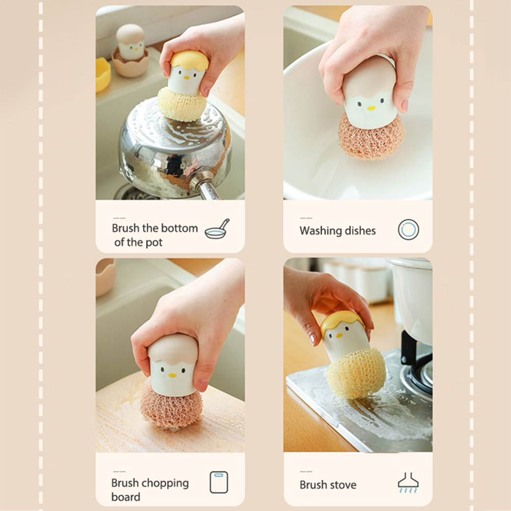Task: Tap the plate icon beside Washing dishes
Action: [x=408, y=230]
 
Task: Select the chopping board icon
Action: [x=219, y=482]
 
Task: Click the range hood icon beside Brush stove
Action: [x=408, y=482]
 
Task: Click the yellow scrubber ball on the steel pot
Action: [x=182, y=104]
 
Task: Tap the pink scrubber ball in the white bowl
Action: [x=371, y=136]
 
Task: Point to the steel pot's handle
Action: [x=205, y=187]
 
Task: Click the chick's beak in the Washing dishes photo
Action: [x=371, y=108]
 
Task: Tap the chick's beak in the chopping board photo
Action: [x=172, y=375]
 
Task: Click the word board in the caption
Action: [x=126, y=497]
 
